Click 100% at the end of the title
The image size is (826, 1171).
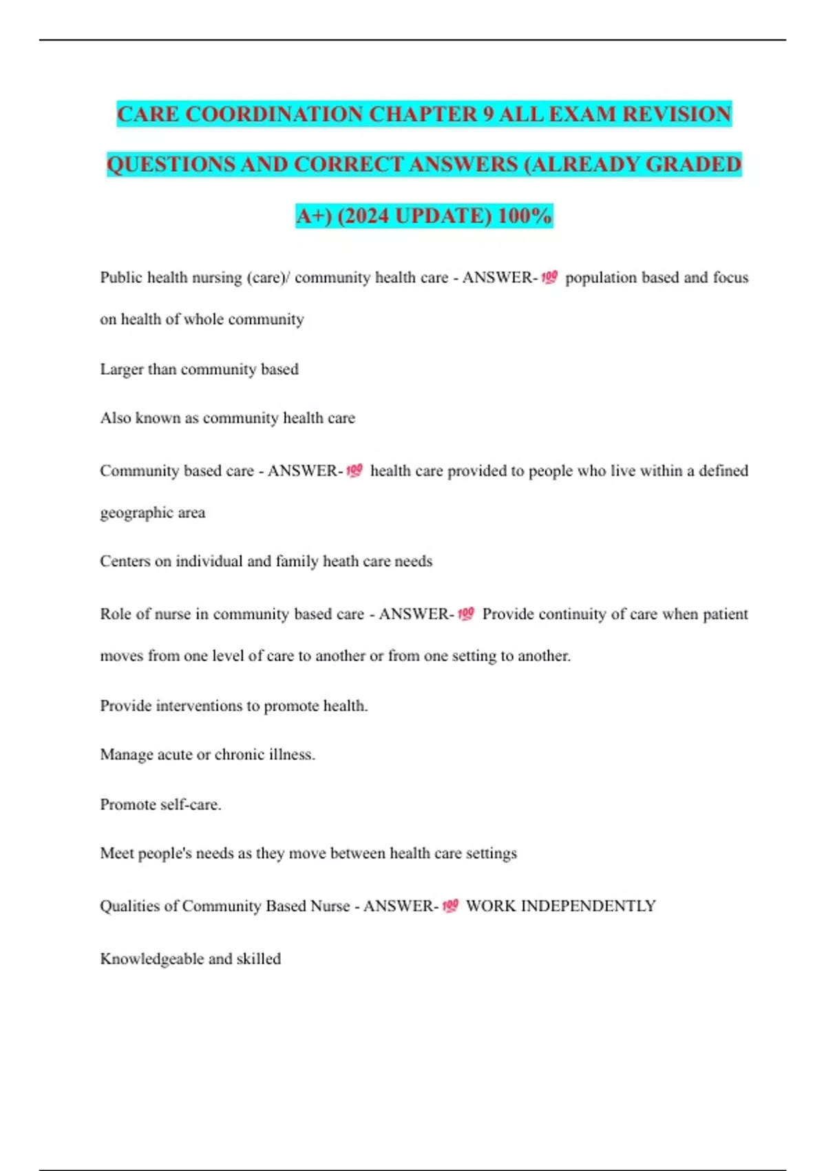pos(525,216)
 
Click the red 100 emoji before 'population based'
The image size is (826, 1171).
pos(549,278)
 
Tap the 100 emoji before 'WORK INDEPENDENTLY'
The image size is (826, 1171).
pos(450,906)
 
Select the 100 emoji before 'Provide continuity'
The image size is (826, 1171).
pos(466,614)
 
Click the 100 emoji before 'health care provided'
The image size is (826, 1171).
pos(354,470)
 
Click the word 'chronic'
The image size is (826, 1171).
pos(240,755)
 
